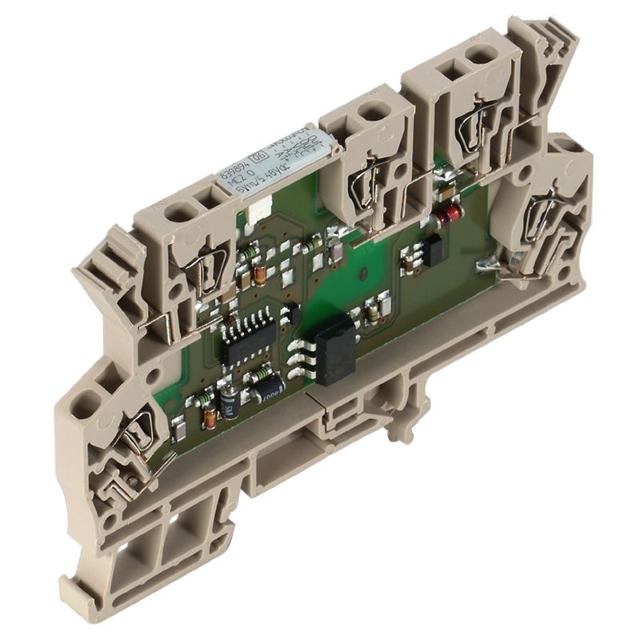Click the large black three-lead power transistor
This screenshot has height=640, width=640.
[337, 352]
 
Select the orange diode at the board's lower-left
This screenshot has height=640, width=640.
[210, 416]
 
